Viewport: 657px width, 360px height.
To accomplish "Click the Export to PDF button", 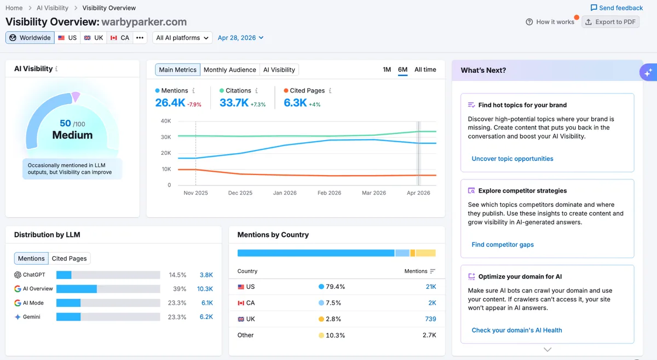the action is click(610, 22).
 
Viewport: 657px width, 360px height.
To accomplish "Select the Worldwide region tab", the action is click(30, 38).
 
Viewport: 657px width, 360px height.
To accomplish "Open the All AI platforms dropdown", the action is click(182, 38).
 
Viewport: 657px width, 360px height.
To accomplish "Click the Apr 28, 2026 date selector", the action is click(240, 38).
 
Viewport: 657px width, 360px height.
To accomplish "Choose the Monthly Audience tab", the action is click(229, 70).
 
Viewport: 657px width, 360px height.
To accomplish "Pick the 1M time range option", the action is click(387, 69).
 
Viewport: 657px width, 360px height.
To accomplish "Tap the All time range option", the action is click(425, 69).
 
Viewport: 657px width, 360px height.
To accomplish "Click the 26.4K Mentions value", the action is click(170, 103).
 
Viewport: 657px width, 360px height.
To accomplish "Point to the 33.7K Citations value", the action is click(234, 103).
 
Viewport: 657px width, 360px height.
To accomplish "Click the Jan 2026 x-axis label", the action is click(285, 193).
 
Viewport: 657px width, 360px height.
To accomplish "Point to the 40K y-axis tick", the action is click(166, 121).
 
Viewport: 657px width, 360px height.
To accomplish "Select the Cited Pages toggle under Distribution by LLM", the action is click(69, 259).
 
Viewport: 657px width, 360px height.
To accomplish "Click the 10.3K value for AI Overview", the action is click(205, 289).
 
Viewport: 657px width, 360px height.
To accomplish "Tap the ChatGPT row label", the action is click(34, 275).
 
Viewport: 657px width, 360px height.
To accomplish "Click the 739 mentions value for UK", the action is click(430, 319).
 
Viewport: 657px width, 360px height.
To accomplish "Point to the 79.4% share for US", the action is click(335, 287).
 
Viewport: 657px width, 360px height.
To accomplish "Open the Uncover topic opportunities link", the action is click(512, 159).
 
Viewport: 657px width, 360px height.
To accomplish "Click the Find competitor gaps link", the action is click(503, 245).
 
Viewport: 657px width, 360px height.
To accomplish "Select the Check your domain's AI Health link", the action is click(517, 330).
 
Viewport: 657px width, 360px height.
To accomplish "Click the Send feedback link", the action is click(616, 8).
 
